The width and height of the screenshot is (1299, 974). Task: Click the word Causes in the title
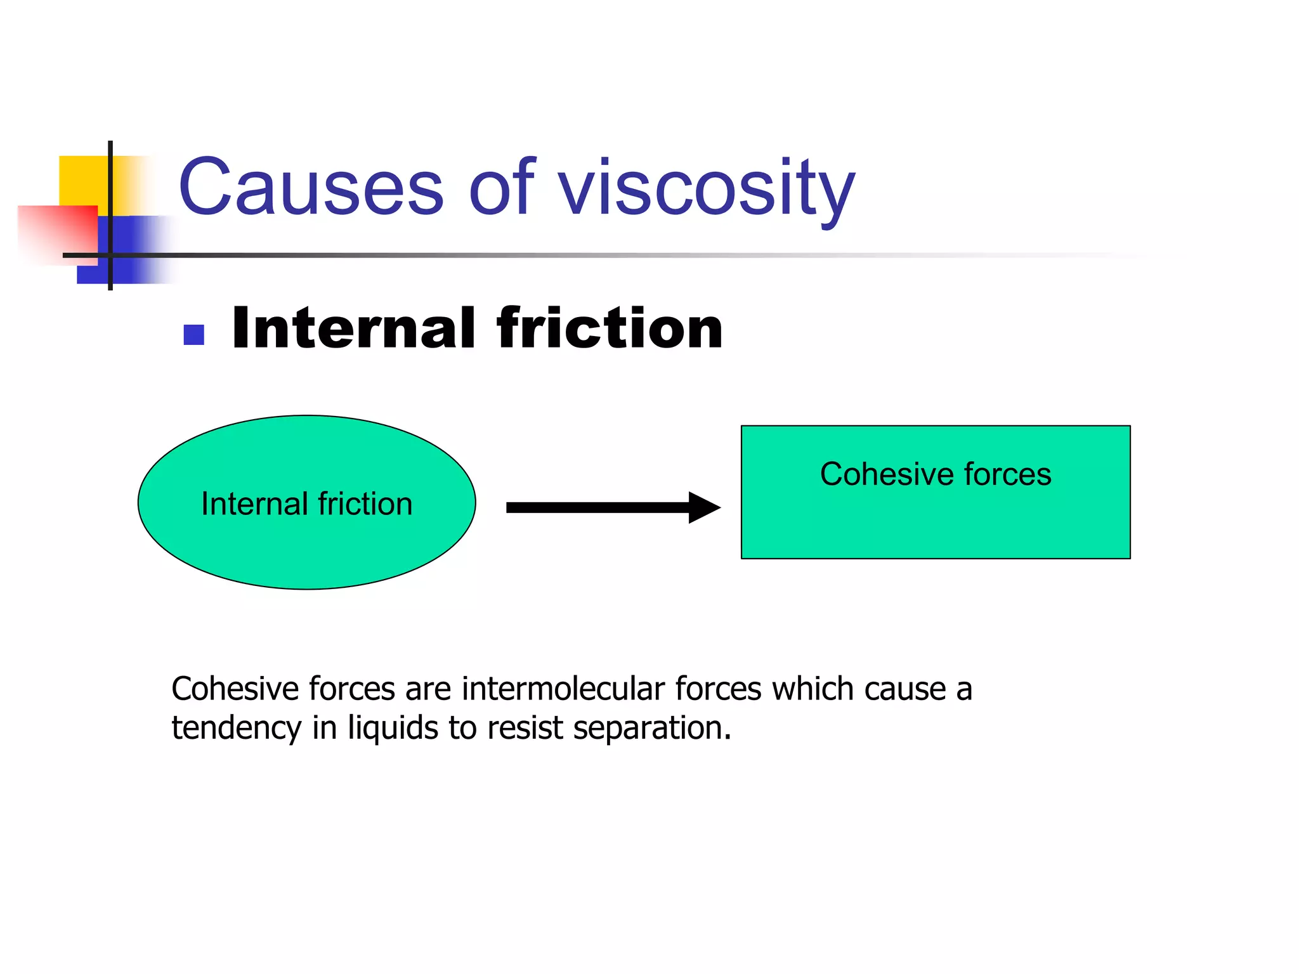[x=311, y=188]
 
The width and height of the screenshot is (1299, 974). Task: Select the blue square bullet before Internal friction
[x=193, y=334]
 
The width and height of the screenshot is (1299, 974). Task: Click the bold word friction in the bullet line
[x=610, y=328]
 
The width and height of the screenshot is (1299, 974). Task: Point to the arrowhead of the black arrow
[x=704, y=507]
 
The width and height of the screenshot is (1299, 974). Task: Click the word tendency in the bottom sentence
[x=236, y=728]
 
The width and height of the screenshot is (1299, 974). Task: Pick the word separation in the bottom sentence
[x=652, y=728]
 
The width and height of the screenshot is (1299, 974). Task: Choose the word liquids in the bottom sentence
[x=393, y=728]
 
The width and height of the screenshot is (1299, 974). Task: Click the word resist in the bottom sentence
[x=525, y=728]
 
